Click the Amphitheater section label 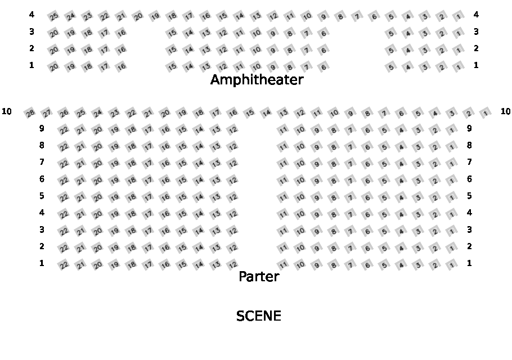pyautogui.click(x=257, y=80)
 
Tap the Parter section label pyautogui.click(x=259, y=276)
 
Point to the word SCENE pyautogui.click(x=258, y=316)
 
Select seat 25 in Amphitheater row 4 pyautogui.click(x=53, y=16)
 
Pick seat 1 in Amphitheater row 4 pyautogui.click(x=459, y=16)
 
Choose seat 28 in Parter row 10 pyautogui.click(x=30, y=114)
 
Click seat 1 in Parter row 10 pyautogui.click(x=486, y=114)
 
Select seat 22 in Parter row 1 pyautogui.click(x=64, y=265)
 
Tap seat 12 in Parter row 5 pyautogui.click(x=232, y=197)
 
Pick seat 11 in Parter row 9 pyautogui.click(x=283, y=130)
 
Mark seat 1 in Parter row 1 pyautogui.click(x=452, y=265)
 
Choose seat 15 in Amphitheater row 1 pyautogui.click(x=172, y=67)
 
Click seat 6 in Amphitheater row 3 pyautogui.click(x=324, y=33)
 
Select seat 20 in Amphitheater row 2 pyautogui.click(x=53, y=50)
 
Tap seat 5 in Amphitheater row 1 pyautogui.click(x=391, y=67)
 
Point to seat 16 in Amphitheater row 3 pyautogui.click(x=121, y=33)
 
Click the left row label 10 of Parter pyautogui.click(x=7, y=111)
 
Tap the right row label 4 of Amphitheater pyautogui.click(x=476, y=15)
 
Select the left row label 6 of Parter pyautogui.click(x=42, y=179)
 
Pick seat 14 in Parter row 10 pyautogui.click(x=266, y=113)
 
